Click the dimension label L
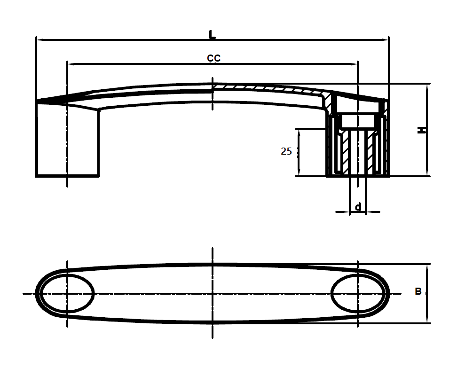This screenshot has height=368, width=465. pyautogui.click(x=212, y=35)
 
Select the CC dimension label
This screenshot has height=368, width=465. pyautogui.click(x=214, y=58)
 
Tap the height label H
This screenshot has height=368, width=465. pyautogui.click(x=422, y=130)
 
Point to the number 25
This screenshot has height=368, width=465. pyautogui.click(x=286, y=151)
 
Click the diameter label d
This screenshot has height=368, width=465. pyautogui.click(x=358, y=206)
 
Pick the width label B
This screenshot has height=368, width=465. pyautogui.click(x=418, y=292)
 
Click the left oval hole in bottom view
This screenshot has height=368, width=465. pyautogui.click(x=67, y=294)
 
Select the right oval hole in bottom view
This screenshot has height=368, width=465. pyautogui.click(x=358, y=294)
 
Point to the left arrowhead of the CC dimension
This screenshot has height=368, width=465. pyautogui.click(x=71, y=63)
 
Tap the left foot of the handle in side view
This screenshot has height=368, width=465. pyautogui.click(x=67, y=141)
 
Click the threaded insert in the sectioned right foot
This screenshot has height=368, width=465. pyautogui.click(x=358, y=150)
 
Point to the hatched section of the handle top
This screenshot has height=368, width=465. pyautogui.click(x=268, y=88)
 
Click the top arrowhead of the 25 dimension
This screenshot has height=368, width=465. pyautogui.click(x=299, y=131)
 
